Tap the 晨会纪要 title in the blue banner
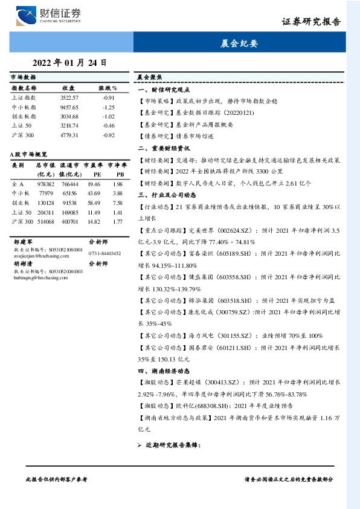pos(240,44)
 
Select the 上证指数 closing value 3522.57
pos(69,97)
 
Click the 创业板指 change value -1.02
pos(108,116)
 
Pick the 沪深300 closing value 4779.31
pos(69,135)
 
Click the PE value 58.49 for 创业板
pos(94,203)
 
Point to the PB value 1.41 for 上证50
pos(117,212)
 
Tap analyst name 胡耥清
pos(22,264)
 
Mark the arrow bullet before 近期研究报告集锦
pos(140,446)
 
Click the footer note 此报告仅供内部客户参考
pos(57,479)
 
